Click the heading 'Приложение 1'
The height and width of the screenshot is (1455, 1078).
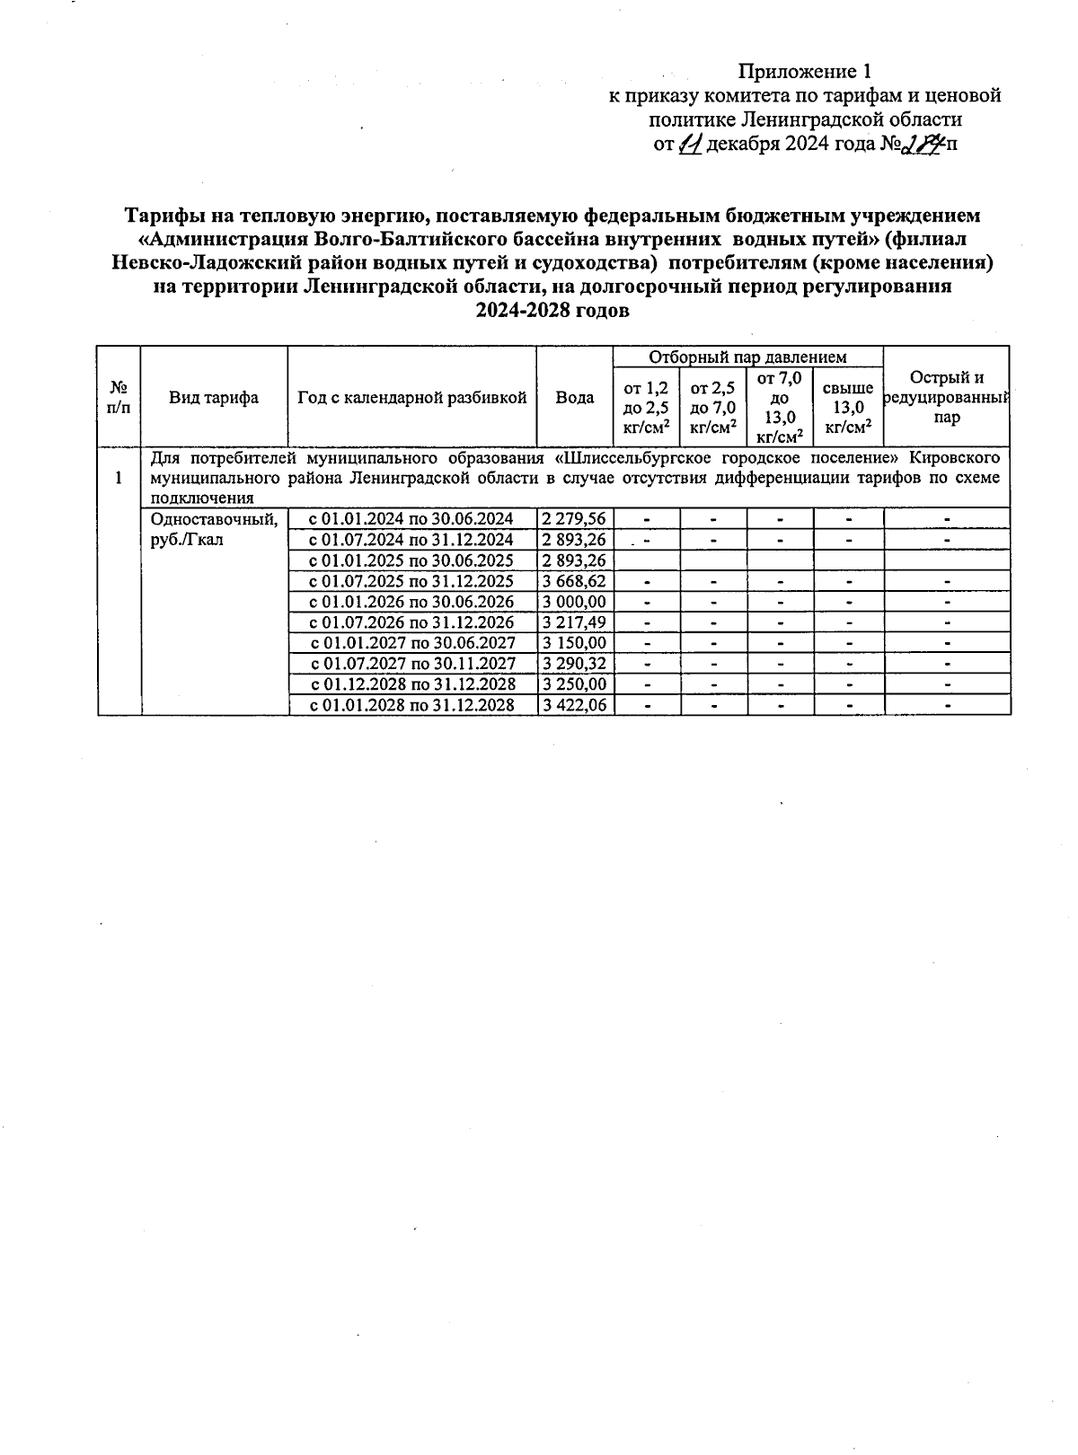pyautogui.click(x=805, y=71)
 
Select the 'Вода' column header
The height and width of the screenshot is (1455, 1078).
pyautogui.click(x=574, y=398)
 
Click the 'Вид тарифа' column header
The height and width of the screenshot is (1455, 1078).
pyautogui.click(x=214, y=398)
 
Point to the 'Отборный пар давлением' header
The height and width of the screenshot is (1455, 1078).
pyautogui.click(x=747, y=357)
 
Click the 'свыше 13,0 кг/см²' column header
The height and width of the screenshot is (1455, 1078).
pyautogui.click(x=848, y=408)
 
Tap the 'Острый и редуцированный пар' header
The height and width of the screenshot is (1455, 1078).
pyautogui.click(x=947, y=397)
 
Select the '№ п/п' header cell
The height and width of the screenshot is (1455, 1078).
pyautogui.click(x=119, y=397)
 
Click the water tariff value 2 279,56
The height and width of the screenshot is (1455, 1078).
pyautogui.click(x=574, y=518)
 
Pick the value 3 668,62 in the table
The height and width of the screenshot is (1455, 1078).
pyautogui.click(x=574, y=581)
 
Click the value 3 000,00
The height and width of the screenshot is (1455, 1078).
pyautogui.click(x=574, y=602)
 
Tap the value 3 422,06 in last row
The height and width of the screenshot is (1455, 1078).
pyautogui.click(x=574, y=705)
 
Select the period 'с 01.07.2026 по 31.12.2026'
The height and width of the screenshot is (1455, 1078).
pyautogui.click(x=411, y=622)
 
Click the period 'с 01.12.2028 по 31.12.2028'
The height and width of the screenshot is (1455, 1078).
pyautogui.click(x=411, y=684)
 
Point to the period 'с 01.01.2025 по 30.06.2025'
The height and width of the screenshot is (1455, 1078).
pyautogui.click(x=411, y=560)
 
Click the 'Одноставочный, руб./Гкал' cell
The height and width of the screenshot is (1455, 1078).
pyautogui.click(x=214, y=529)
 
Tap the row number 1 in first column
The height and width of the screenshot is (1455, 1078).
pyautogui.click(x=119, y=477)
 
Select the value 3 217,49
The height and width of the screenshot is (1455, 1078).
pyautogui.click(x=574, y=622)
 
